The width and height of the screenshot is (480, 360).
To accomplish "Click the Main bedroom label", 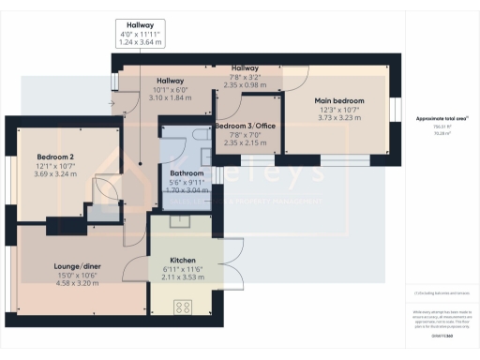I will tap(339, 100).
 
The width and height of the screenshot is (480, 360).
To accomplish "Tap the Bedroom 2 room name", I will tap(54, 157).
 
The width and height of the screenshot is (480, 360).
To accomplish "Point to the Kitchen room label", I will tap(182, 260).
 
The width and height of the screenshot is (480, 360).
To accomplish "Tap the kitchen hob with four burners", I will tap(179, 306).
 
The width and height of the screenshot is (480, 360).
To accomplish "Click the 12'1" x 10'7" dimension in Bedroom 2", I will tap(54, 166).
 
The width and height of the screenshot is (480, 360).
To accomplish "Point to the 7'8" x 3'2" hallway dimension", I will tap(246, 77).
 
